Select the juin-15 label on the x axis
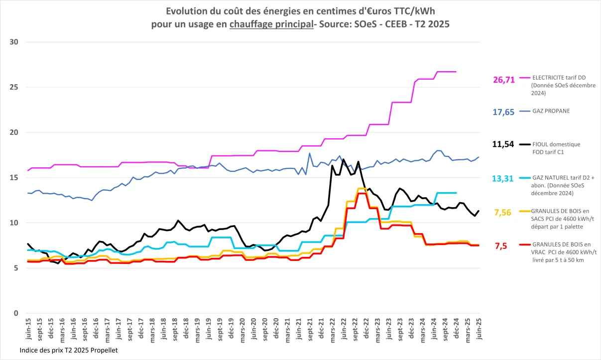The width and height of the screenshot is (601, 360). pyautogui.click(x=28, y=330)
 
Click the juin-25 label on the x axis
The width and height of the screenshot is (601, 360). pyautogui.click(x=479, y=330)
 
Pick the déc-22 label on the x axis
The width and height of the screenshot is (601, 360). pyautogui.click(x=366, y=330)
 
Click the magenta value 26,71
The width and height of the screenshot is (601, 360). pyautogui.click(x=503, y=80)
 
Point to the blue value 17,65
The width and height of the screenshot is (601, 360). pyautogui.click(x=503, y=112)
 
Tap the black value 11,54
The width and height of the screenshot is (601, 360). pyautogui.click(x=503, y=144)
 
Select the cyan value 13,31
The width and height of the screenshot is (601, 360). pyautogui.click(x=503, y=179)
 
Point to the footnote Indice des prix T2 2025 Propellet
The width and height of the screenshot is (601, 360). pyautogui.click(x=69, y=351)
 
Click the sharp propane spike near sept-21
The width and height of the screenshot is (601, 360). pyautogui.click(x=309, y=153)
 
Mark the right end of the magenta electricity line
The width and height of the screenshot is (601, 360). pyautogui.click(x=456, y=72)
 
